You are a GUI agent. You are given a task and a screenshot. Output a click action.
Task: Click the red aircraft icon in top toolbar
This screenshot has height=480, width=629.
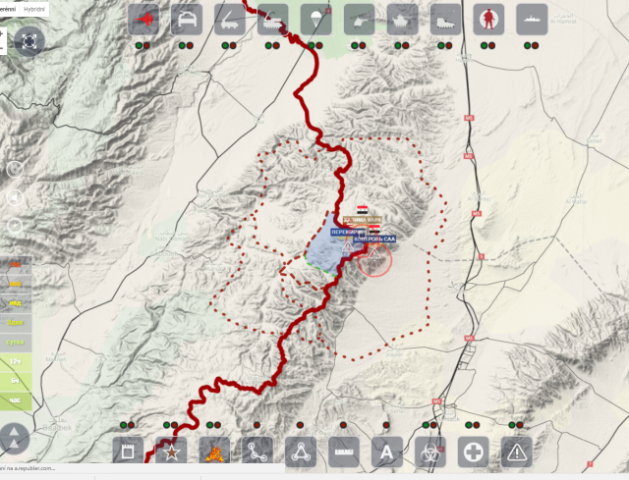(143, 20)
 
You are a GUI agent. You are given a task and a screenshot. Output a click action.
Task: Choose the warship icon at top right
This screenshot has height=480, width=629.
(532, 20)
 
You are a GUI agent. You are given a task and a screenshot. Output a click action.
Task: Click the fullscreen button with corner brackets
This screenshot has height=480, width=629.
(29, 40)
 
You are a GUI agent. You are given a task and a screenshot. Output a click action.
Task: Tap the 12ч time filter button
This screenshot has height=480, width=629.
(15, 362)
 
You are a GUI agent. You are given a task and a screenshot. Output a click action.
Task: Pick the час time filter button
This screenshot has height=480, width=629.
(15, 401)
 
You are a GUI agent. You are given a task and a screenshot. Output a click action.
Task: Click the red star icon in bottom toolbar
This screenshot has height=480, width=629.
(171, 452)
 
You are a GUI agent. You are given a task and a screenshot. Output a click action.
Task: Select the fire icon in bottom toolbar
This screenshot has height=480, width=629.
(214, 452)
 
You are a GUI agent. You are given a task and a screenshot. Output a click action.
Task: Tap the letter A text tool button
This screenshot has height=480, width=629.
(386, 452)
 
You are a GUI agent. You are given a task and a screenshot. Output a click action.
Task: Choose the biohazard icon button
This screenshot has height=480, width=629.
(429, 452)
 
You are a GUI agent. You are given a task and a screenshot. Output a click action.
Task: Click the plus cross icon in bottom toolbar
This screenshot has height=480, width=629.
(473, 452)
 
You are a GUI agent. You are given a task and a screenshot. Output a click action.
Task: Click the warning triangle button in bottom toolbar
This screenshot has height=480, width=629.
(516, 452)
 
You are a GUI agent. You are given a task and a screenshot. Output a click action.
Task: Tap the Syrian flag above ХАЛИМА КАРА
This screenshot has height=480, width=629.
(363, 209)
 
